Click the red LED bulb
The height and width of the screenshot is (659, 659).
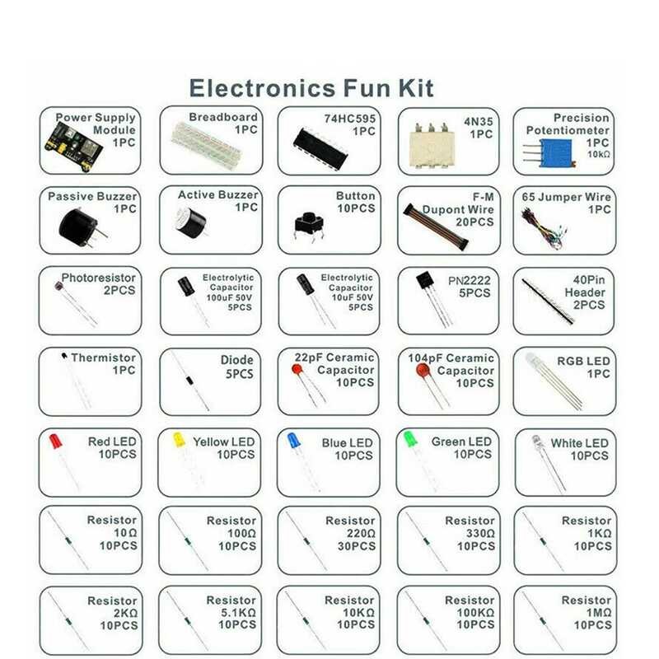(55, 442)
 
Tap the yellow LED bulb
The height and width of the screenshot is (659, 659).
(177, 441)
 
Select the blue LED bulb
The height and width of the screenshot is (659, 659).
(294, 441)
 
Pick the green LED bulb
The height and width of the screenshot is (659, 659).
(409, 439)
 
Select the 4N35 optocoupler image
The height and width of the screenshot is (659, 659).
(430, 144)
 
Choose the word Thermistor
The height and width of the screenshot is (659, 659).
(103, 358)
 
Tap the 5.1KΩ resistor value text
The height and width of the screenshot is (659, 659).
(236, 613)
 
